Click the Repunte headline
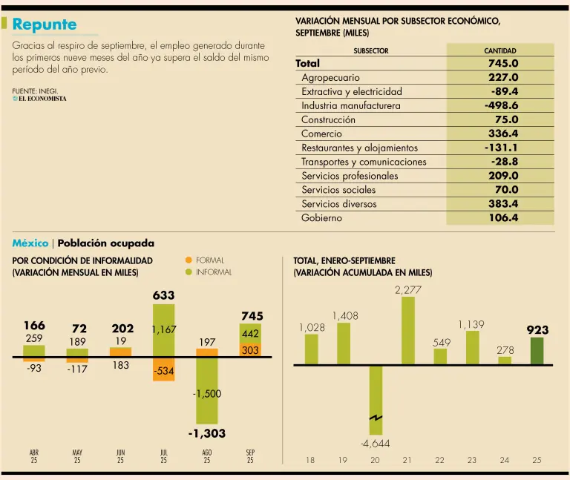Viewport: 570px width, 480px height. coord(45,24)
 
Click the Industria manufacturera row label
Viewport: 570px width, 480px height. coord(350,106)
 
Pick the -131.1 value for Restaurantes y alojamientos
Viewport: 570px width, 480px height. coord(501,148)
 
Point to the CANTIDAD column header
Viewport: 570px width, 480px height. coord(499,51)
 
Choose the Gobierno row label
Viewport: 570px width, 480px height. coord(321,219)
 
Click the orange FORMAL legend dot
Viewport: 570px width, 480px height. coord(189,260)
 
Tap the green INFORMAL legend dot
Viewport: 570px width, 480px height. coord(189,272)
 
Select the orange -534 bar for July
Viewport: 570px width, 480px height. coord(164,369)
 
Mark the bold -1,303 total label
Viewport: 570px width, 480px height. coord(206,433)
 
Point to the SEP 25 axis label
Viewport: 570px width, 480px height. coord(250,456)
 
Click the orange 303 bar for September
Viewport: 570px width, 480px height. coord(250,350)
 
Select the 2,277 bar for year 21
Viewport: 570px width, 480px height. coord(407,331)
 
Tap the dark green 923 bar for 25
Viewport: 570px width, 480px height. coord(537,351)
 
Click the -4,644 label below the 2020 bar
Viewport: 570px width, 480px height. coord(375,444)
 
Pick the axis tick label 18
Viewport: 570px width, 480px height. coord(310,460)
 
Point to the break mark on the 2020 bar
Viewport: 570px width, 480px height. coord(376,419)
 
